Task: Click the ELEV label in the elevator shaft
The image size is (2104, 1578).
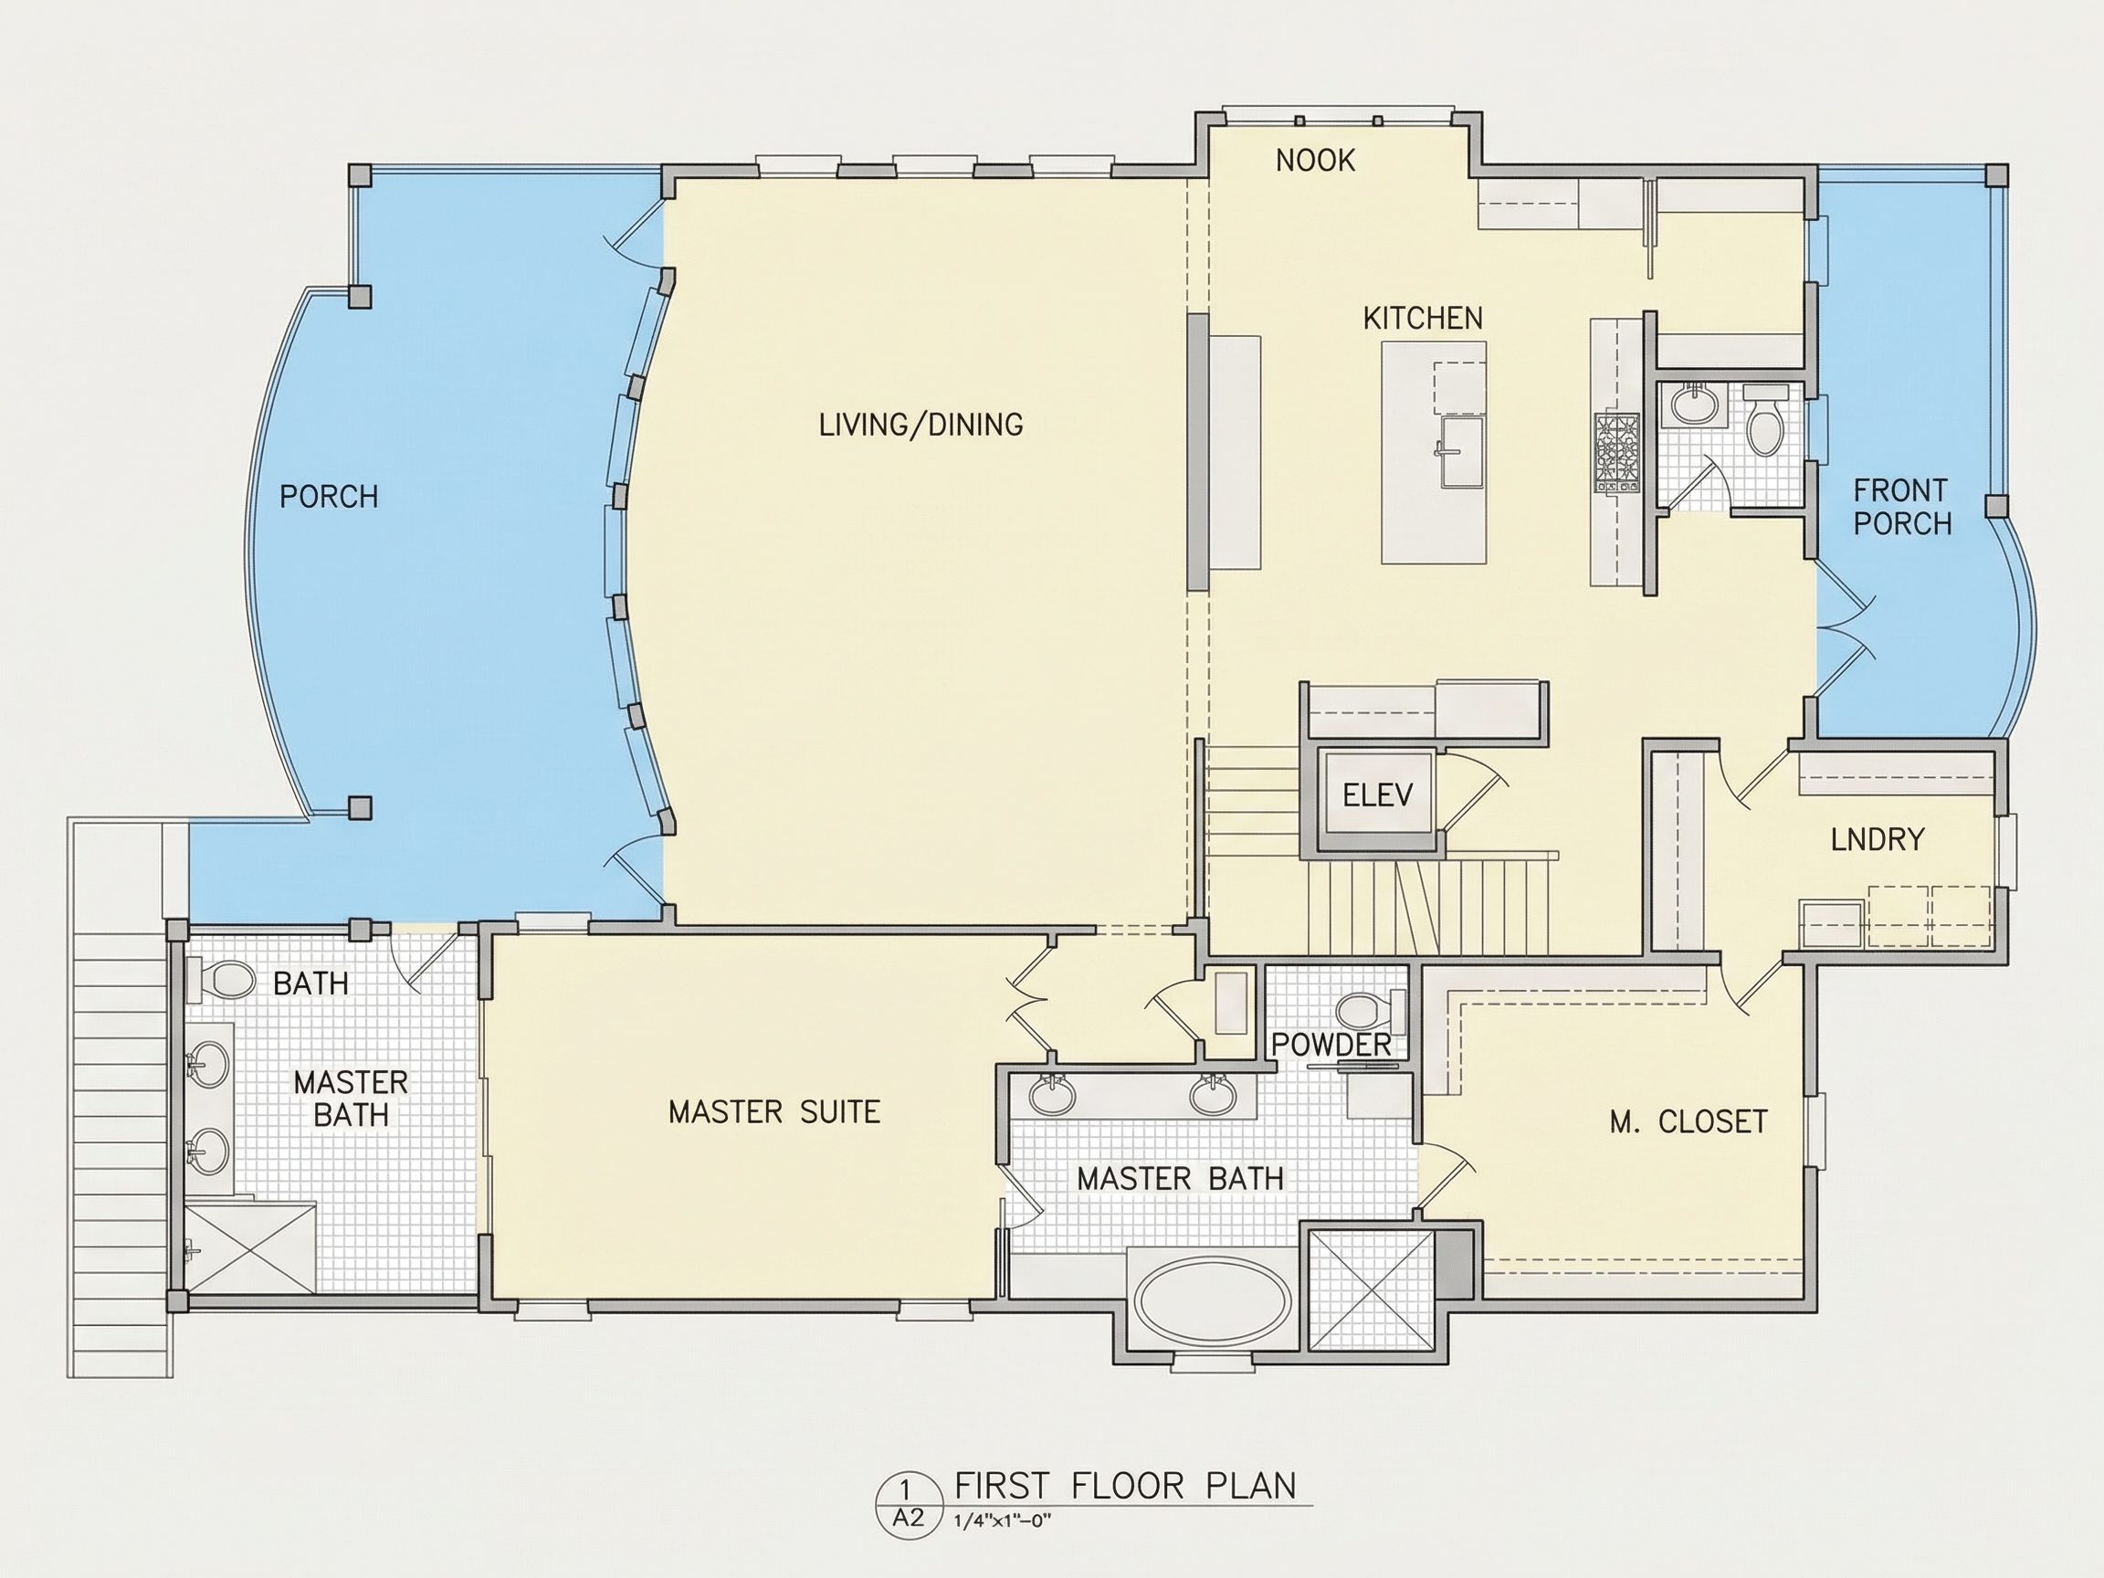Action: coord(1377,794)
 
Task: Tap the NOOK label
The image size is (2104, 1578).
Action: coord(1316,161)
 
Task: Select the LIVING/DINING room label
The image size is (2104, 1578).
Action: coord(920,425)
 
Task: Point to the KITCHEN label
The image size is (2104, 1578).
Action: coord(1423,318)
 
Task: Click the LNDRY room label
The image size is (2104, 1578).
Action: coord(1878,839)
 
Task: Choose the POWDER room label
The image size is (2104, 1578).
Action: coord(1331,1045)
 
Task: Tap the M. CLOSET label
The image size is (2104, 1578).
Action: coord(1688,1121)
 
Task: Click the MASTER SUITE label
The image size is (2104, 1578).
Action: coord(774,1112)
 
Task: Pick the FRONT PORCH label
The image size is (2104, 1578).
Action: coord(1902,507)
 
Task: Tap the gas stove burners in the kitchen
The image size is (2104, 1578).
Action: coord(1617,453)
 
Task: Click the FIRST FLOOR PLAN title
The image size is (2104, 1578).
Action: coord(1125,1487)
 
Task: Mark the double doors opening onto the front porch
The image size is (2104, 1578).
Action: coord(1846,628)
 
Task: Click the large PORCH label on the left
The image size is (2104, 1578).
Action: coord(329,497)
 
